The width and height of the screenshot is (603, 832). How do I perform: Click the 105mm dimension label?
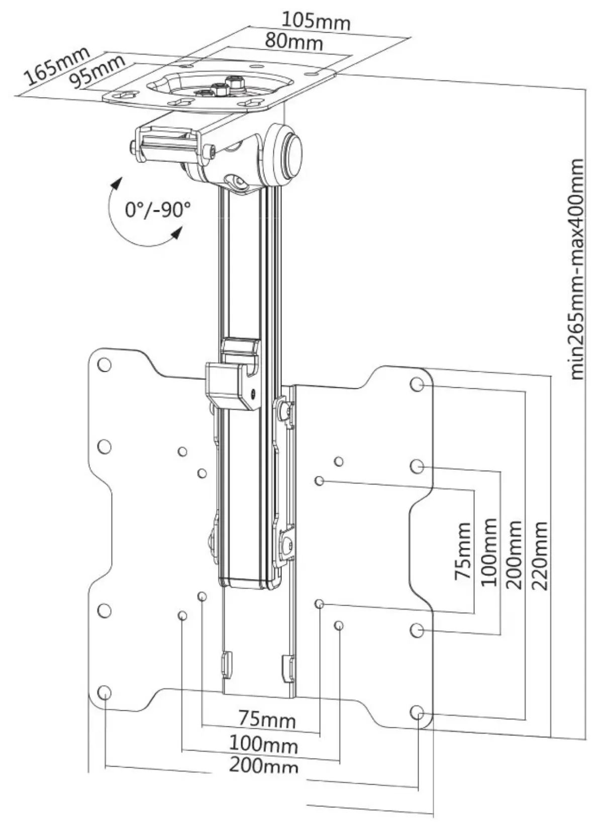pyautogui.click(x=316, y=21)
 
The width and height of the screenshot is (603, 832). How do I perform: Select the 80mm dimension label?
pyautogui.click(x=294, y=41)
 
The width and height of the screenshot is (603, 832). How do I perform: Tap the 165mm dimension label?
pyautogui.click(x=56, y=66)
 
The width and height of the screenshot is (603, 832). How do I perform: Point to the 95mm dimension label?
pyautogui.click(x=97, y=72)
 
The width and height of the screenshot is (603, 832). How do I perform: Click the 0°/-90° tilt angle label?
pyautogui.click(x=158, y=209)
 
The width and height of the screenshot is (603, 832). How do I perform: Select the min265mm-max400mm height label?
pyautogui.click(x=576, y=269)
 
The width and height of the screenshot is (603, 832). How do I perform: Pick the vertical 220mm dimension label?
pyautogui.click(x=540, y=556)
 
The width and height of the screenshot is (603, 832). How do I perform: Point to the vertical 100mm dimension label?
pyautogui.click(x=489, y=552)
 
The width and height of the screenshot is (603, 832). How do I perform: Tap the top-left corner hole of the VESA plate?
pyautogui.click(x=105, y=365)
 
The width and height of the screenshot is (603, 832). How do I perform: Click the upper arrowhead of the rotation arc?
pyautogui.click(x=117, y=184)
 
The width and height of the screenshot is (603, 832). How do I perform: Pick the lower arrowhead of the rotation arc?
pyautogui.click(x=177, y=233)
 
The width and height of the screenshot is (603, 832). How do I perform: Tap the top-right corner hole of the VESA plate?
pyautogui.click(x=417, y=384)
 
